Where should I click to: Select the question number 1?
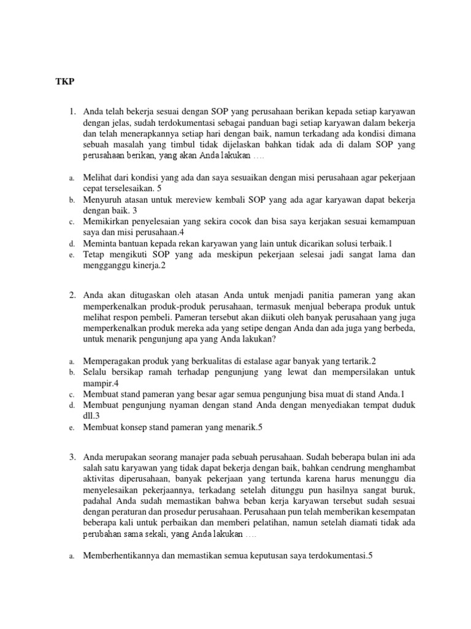[72, 111]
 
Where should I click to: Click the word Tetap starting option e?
[94, 255]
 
